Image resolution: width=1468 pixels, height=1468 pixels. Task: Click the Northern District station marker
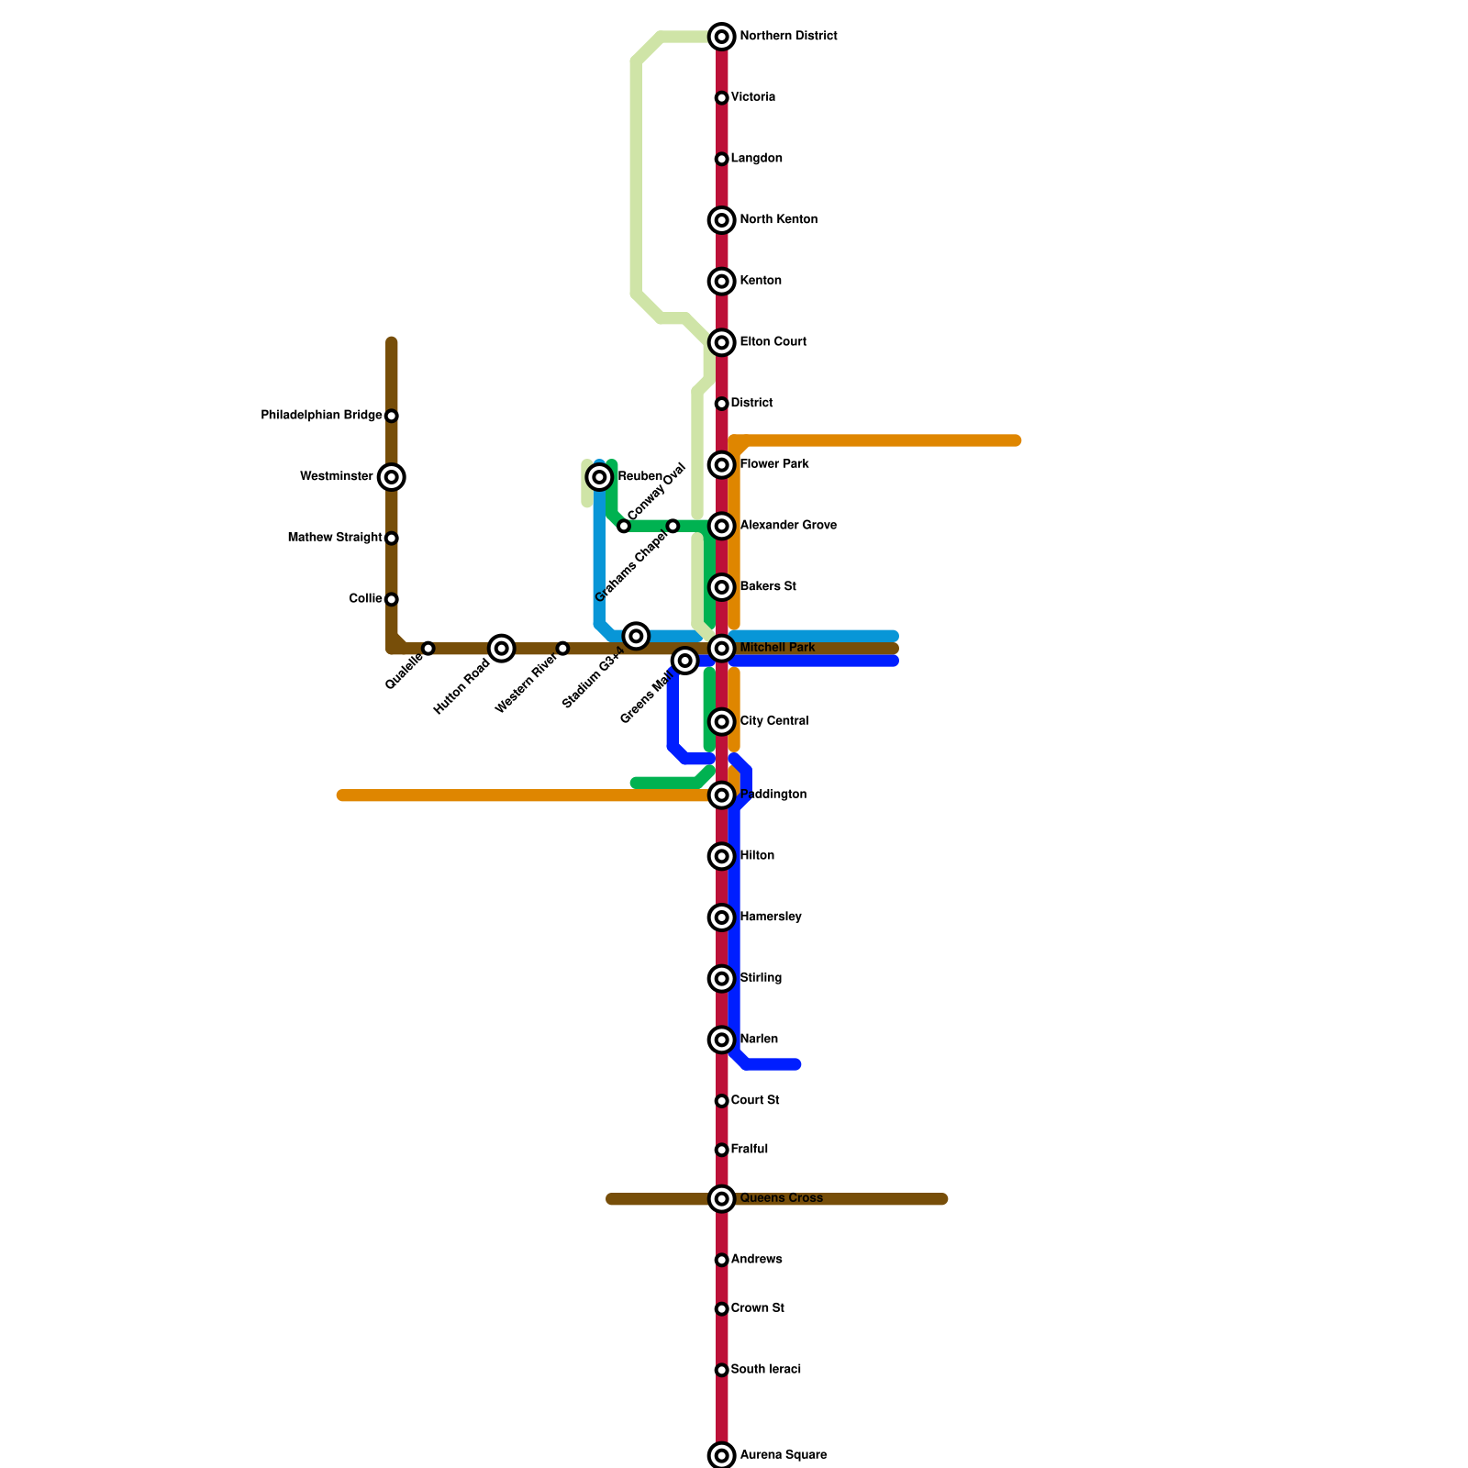(x=722, y=37)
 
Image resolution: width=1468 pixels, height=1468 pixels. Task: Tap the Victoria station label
(x=753, y=97)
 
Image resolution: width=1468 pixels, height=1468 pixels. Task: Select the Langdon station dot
(x=722, y=160)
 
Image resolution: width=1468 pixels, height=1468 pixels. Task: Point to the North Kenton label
(x=779, y=220)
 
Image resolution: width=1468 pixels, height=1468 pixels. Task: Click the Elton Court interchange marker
(x=722, y=343)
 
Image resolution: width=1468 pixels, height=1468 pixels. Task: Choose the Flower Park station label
(x=774, y=464)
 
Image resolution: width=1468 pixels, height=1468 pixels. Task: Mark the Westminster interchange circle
(x=392, y=477)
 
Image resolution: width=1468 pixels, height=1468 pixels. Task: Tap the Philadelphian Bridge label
(x=321, y=416)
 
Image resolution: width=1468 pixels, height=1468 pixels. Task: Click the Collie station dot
(x=392, y=600)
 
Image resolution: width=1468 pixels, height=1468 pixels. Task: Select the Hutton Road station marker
(x=501, y=649)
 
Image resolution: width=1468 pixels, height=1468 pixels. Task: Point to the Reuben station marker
(x=600, y=477)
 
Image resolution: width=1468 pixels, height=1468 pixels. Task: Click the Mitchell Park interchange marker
(x=722, y=649)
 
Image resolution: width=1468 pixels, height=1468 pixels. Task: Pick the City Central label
(x=774, y=721)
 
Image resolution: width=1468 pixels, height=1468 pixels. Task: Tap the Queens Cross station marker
(x=722, y=1199)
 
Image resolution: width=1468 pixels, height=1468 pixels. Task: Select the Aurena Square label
(x=784, y=1455)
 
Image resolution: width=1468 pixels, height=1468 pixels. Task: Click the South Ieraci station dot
(x=722, y=1371)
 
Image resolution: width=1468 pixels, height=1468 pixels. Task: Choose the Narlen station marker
(x=722, y=1040)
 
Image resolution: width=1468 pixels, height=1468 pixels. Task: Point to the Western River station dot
(x=562, y=649)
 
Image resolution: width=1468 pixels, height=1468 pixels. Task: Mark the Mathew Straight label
(x=335, y=538)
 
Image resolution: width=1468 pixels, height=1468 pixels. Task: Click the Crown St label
(x=758, y=1308)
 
